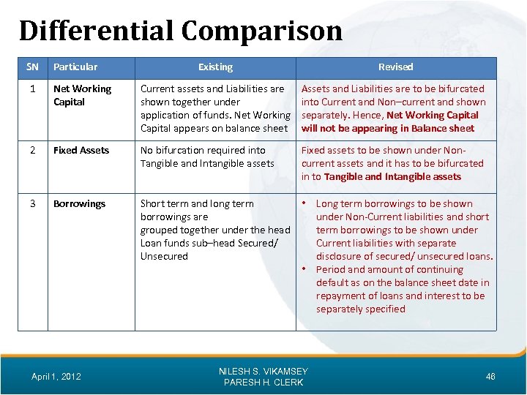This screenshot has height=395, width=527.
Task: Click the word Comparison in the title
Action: tap(261, 31)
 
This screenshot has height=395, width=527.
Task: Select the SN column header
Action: tap(32, 67)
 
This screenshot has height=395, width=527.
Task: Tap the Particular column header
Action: tap(75, 67)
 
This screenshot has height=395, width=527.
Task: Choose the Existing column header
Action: tap(215, 67)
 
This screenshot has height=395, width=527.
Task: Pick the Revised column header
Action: tap(395, 67)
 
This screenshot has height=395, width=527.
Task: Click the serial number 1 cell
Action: tap(32, 89)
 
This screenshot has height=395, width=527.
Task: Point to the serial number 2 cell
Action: tap(32, 151)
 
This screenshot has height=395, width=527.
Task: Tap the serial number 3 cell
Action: tap(32, 204)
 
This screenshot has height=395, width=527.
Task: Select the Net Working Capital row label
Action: tap(82, 95)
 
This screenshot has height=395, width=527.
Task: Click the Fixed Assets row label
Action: tap(81, 151)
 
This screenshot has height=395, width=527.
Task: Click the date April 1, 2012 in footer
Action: tap(56, 377)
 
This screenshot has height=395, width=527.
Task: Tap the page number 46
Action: tap(490, 377)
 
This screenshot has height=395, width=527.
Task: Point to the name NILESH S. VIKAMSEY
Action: tap(263, 372)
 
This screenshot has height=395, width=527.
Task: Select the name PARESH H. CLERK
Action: tap(263, 383)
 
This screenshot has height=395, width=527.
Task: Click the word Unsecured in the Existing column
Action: tap(164, 257)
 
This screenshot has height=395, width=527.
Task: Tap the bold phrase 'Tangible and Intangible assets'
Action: tap(392, 177)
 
